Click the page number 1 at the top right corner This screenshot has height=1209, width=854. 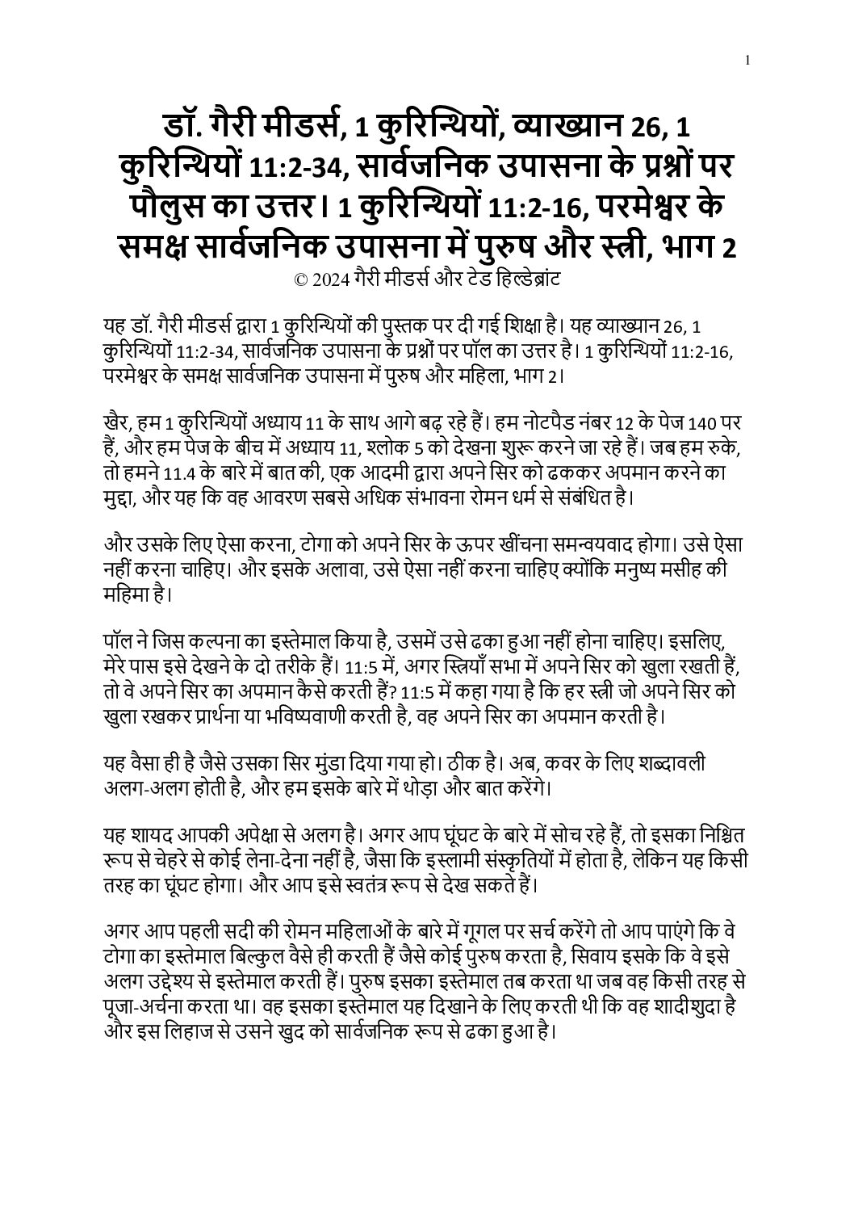coord(749,60)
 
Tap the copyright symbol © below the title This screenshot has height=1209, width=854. coord(301,279)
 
